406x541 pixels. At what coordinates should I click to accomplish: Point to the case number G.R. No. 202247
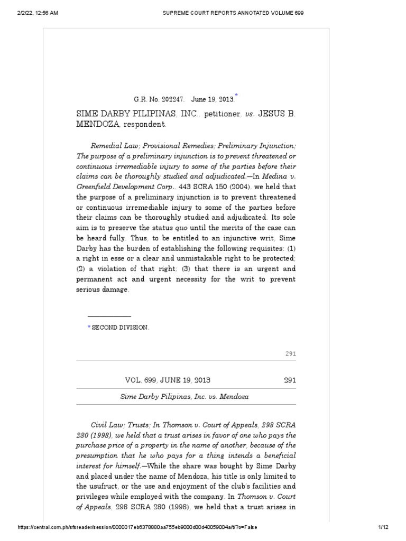click(x=153, y=99)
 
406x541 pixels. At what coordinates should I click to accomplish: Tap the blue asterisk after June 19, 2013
click(x=236, y=95)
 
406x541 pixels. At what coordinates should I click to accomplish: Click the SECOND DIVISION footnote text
click(x=121, y=328)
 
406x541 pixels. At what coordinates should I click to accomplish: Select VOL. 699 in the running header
click(x=141, y=380)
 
